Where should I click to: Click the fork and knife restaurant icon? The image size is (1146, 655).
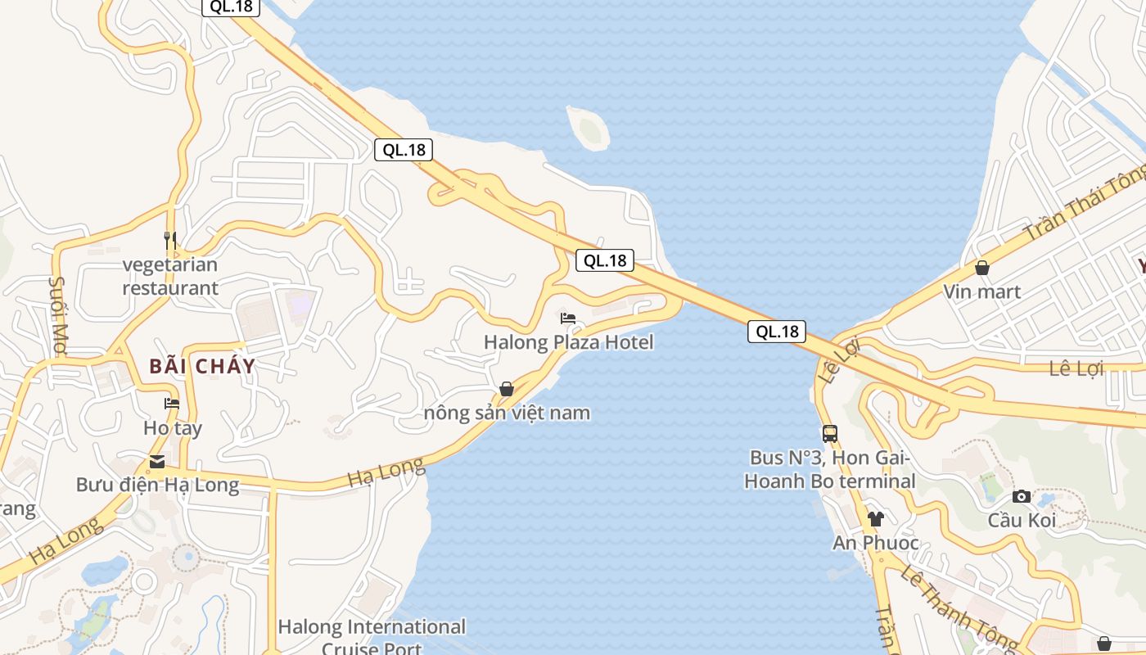[170, 240]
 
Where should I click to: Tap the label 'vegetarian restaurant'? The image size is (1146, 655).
[170, 276]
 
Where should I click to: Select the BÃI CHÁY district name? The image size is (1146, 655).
[202, 366]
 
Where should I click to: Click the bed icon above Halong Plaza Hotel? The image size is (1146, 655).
[568, 318]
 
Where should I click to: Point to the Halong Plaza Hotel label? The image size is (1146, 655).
[569, 341]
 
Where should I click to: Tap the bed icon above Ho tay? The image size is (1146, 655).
[172, 404]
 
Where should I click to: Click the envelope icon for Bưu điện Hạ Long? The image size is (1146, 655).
[156, 462]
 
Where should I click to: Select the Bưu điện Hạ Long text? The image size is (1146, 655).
[157, 485]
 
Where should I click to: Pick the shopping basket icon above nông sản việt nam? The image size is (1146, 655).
[507, 389]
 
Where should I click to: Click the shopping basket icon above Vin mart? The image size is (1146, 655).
[981, 268]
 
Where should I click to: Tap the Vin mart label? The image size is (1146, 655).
[981, 291]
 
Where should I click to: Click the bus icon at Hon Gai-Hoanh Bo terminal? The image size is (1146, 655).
[829, 434]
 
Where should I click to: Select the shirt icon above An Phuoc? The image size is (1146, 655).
[876, 518]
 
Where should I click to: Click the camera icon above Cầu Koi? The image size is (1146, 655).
[1021, 496]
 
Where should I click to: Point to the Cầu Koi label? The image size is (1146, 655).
[1022, 520]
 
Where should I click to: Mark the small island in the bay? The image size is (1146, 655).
[589, 128]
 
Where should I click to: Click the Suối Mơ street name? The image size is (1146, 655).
[58, 314]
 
